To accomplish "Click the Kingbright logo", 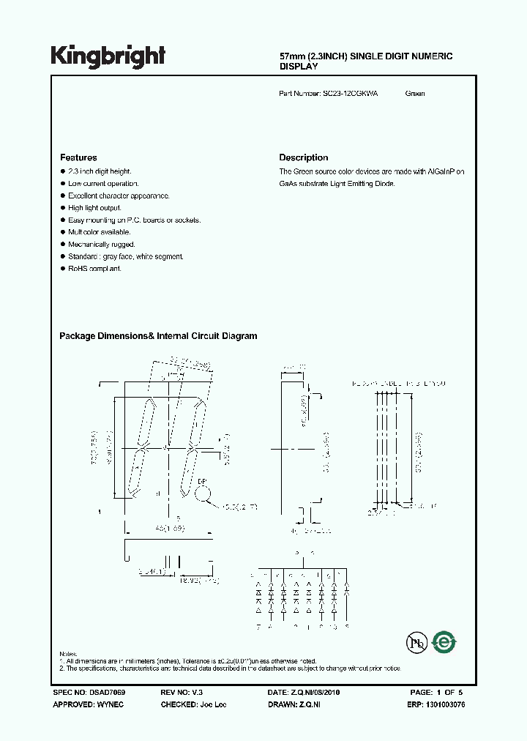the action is coord(108,56).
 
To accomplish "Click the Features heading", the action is coord(78,157).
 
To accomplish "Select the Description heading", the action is coord(304,157).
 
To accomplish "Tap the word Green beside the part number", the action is coord(415,94).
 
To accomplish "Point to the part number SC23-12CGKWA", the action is coord(350,94).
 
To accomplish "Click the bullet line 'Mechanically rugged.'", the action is coord(102,245).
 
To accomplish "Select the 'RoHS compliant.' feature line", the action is coord(95,269).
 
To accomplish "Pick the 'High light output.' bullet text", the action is coord(95,208).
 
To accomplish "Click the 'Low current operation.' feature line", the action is coord(103,184).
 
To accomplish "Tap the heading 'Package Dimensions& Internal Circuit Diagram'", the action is coord(158,336).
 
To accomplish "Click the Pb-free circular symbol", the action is coord(416,643).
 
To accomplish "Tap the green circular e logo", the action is coord(444,642).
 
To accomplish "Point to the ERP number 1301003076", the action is coord(444,704).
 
